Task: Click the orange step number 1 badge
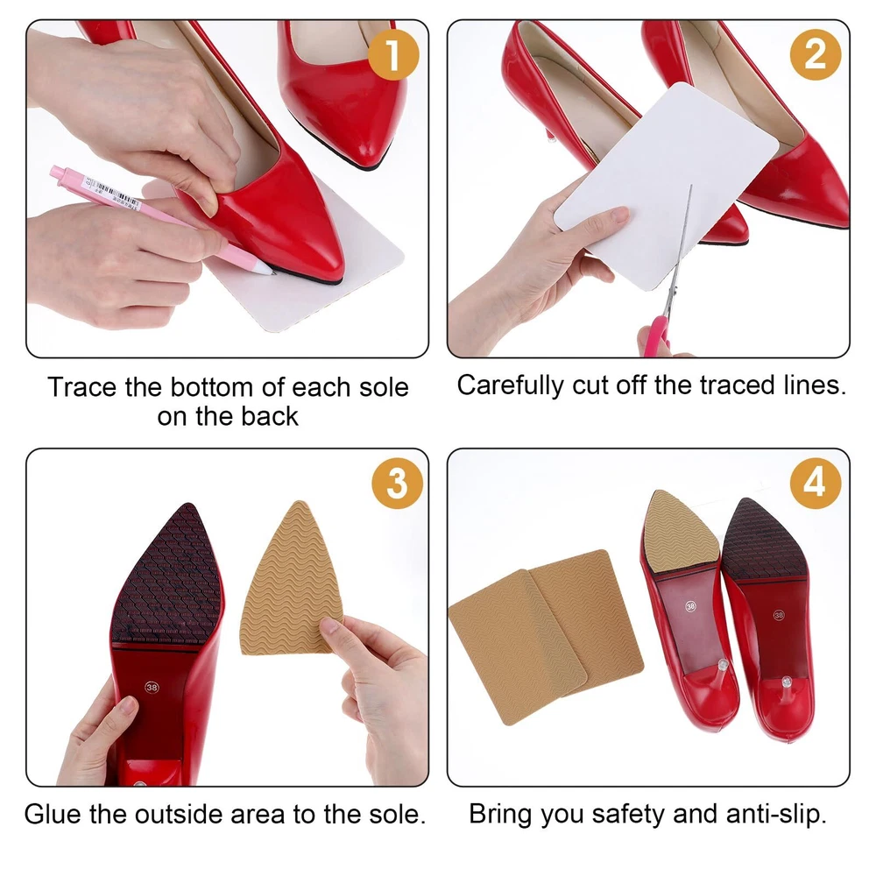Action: (393, 54)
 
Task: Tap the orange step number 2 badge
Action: (815, 54)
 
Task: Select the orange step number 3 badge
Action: (397, 484)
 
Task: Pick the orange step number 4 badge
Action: (815, 484)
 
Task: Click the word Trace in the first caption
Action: (82, 387)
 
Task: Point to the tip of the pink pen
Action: (273, 273)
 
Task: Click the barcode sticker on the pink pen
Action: (112, 194)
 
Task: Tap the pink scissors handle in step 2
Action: (655, 336)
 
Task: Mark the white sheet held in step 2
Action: (666, 187)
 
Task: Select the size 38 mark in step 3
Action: (152, 687)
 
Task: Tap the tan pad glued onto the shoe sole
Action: (680, 533)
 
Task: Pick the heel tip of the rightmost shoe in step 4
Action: (788, 682)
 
